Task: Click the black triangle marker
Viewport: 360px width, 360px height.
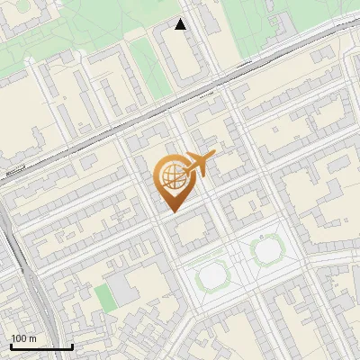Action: point(181,24)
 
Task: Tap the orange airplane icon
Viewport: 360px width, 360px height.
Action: point(200,164)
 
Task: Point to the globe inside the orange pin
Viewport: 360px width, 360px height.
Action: point(171,175)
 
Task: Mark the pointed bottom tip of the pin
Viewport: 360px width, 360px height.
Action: point(171,211)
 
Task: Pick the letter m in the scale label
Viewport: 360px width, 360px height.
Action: point(33,338)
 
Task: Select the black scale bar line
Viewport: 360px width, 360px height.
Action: point(40,346)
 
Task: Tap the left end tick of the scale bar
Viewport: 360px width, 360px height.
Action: point(10,345)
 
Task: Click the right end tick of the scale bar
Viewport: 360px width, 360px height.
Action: point(71,345)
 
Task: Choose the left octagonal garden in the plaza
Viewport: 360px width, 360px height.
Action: point(212,275)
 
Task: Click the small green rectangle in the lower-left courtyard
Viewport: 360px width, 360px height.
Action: point(106,298)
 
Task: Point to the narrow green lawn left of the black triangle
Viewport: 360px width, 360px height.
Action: point(148,67)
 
